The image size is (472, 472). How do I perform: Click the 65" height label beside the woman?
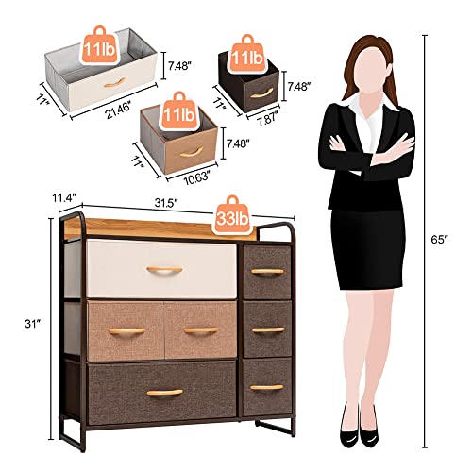click(453, 241)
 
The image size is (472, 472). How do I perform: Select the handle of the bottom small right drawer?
click(268, 387)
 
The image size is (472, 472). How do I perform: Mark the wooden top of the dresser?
click(170, 230)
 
